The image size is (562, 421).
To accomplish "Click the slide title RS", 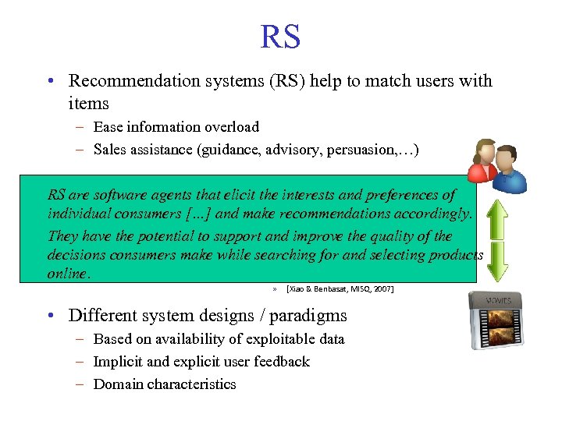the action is pos(280,37).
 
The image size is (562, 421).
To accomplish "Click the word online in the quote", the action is pos(68,274).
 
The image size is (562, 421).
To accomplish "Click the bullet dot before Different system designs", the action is pos(51,316).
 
